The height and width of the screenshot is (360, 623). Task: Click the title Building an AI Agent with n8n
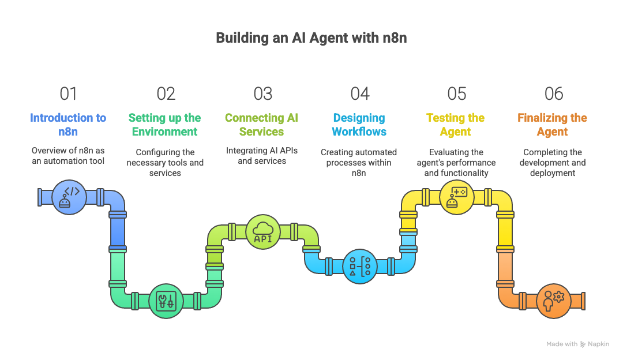(311, 38)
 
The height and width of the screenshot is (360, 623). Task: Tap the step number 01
(68, 93)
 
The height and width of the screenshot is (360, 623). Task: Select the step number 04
(359, 93)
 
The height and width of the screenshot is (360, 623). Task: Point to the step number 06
(553, 93)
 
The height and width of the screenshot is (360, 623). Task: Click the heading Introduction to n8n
(68, 125)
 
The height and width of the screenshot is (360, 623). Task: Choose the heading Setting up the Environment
(165, 125)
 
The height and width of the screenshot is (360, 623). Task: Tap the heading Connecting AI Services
(262, 125)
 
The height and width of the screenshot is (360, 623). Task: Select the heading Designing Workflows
(359, 125)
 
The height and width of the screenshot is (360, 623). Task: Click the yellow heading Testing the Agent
(456, 125)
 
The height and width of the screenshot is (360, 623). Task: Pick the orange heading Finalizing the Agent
(553, 125)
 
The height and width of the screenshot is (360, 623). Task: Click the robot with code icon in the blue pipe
(69, 197)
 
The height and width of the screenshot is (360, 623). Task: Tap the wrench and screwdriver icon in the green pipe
(166, 301)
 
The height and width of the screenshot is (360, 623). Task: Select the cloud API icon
(262, 232)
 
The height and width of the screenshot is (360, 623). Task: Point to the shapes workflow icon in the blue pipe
(359, 266)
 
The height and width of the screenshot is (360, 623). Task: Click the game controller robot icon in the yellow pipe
(456, 197)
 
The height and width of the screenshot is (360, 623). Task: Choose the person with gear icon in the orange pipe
(553, 301)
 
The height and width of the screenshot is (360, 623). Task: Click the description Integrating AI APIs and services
(262, 156)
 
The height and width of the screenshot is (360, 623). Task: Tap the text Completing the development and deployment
(553, 163)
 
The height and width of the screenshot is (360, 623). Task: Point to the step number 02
(166, 93)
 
